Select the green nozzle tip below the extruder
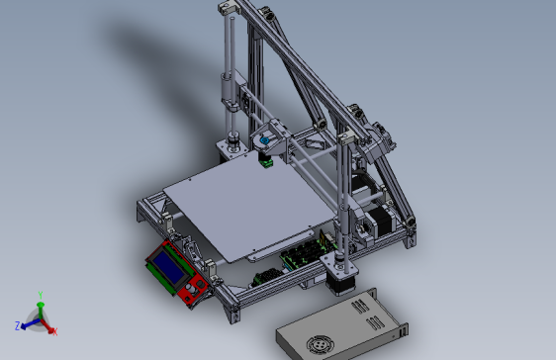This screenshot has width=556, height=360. (266, 161)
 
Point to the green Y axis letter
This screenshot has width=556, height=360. (40, 294)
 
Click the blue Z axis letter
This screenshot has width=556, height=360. (19, 324)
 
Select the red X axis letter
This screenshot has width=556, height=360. (55, 331)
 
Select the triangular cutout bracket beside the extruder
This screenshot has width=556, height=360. (316, 144)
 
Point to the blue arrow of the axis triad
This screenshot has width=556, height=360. (29, 322)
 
